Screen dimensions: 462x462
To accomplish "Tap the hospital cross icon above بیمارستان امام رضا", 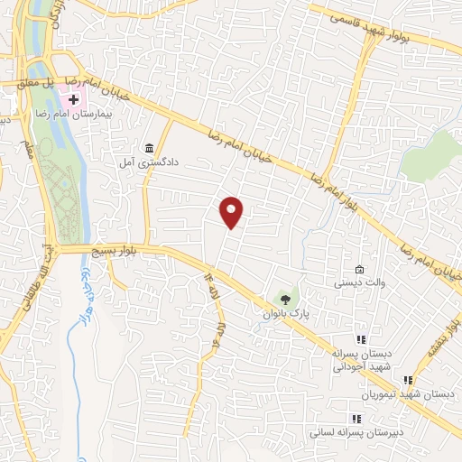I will [74, 98].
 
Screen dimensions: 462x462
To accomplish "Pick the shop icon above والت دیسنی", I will [360, 269].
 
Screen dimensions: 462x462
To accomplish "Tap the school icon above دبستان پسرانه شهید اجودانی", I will [360, 340].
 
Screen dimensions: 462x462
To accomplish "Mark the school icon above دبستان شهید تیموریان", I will [408, 381].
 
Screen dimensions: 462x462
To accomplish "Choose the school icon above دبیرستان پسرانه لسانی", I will [356, 419].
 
